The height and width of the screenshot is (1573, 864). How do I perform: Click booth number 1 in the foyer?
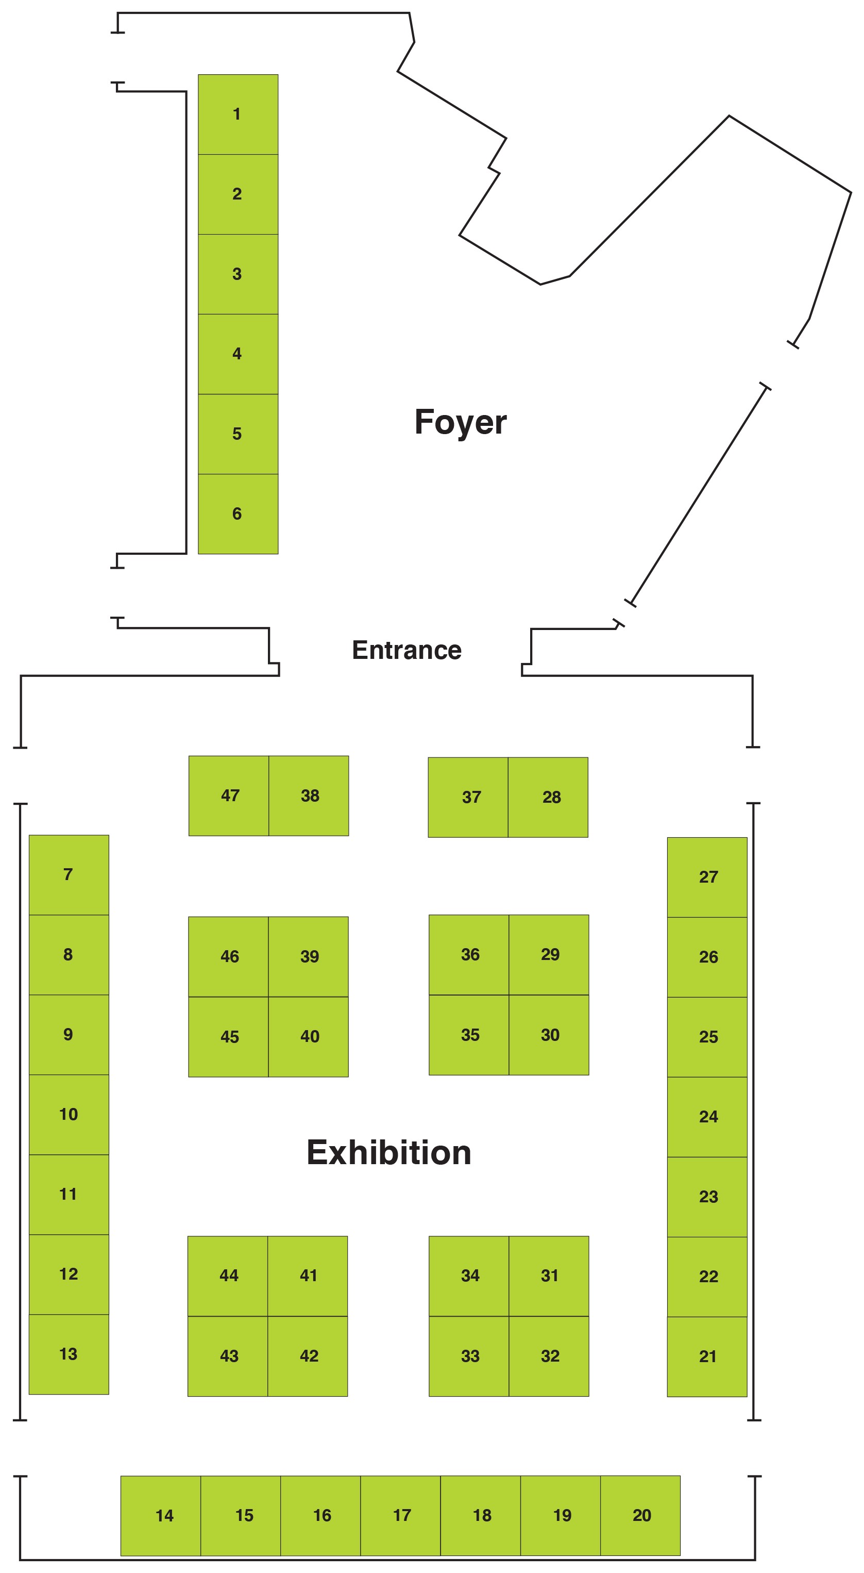pyautogui.click(x=238, y=114)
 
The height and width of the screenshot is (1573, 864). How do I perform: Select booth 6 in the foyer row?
pyautogui.click(x=238, y=514)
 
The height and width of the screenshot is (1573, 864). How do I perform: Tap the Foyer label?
pyautogui.click(x=460, y=422)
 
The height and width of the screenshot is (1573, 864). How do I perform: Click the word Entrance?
pyautogui.click(x=406, y=650)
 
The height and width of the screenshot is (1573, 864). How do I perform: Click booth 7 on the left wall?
pyautogui.click(x=69, y=874)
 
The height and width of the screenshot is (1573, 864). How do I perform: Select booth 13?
pyautogui.click(x=69, y=1354)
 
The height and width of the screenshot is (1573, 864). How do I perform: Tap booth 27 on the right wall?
pyautogui.click(x=707, y=877)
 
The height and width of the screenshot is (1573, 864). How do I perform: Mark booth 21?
pyautogui.click(x=707, y=1356)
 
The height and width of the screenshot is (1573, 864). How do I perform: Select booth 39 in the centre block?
pyautogui.click(x=309, y=956)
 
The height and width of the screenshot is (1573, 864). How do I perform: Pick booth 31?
pyautogui.click(x=549, y=1276)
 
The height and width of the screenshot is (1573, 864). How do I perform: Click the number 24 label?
pyautogui.click(x=708, y=1117)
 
